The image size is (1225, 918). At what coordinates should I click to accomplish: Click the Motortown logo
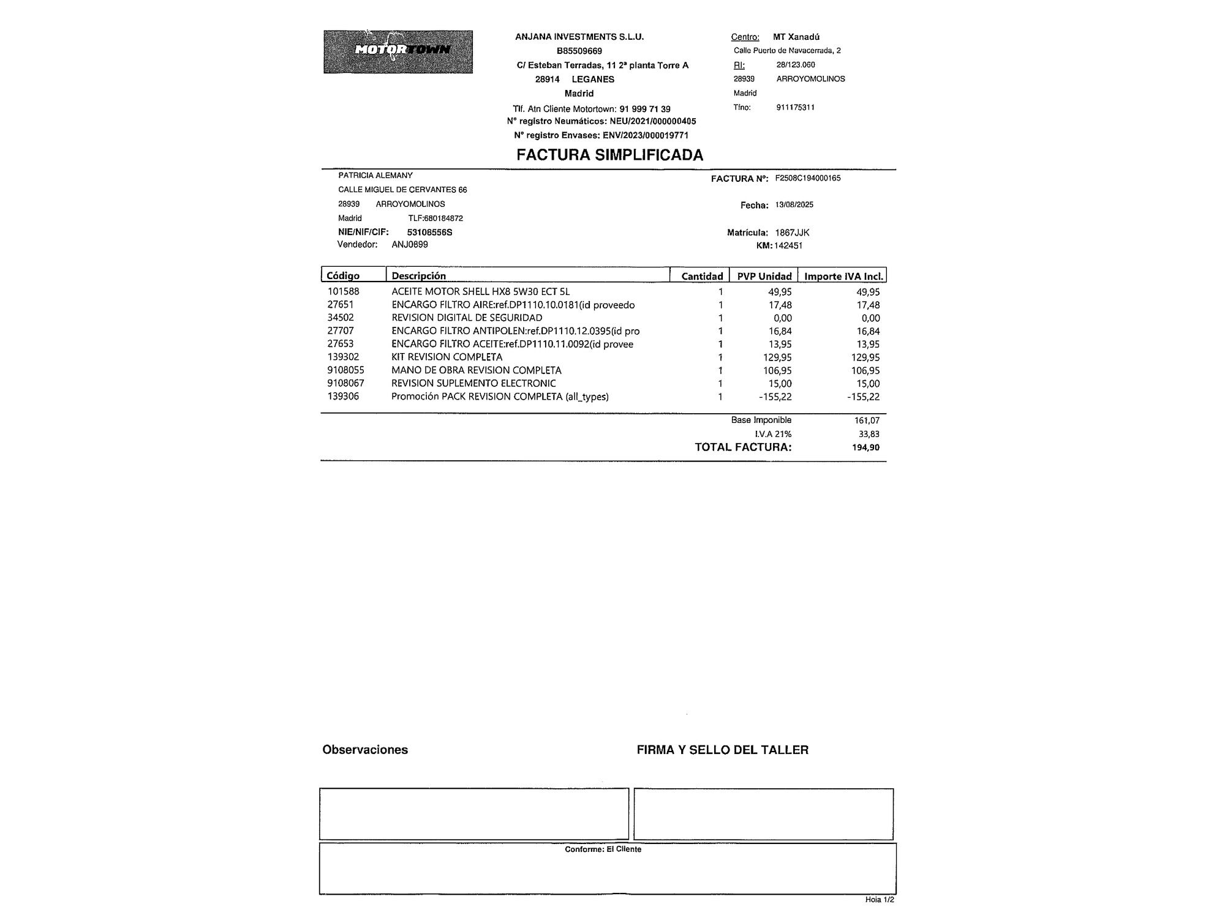[398, 52]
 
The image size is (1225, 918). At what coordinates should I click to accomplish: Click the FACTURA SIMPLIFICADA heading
[609, 155]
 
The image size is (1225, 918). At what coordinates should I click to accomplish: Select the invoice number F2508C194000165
[807, 178]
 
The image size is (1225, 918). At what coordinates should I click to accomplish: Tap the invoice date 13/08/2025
[794, 204]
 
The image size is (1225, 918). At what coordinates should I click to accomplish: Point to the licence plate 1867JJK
[792, 233]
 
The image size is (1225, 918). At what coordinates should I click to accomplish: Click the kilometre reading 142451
[788, 245]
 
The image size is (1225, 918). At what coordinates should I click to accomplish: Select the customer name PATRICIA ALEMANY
[375, 176]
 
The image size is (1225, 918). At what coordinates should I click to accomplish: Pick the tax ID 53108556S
[429, 233]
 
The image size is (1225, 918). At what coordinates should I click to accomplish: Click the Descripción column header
[419, 275]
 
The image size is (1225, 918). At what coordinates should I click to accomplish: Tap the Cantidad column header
[702, 276]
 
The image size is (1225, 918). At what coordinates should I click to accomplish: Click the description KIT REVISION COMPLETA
[447, 357]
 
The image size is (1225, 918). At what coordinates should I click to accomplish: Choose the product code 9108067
[345, 383]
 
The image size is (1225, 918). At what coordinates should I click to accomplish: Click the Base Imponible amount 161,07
[867, 420]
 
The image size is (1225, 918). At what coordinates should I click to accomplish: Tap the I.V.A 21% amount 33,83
[869, 434]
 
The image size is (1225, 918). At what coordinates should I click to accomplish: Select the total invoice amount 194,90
[865, 447]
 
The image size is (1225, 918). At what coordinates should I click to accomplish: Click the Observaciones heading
[365, 750]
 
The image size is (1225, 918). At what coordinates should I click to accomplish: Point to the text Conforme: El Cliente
[603, 849]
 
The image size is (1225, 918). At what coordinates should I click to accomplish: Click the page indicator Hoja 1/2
[879, 900]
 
